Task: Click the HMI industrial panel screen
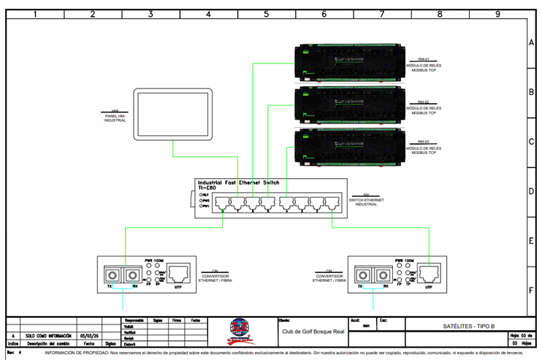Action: click(173, 115)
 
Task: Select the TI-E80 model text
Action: click(207, 188)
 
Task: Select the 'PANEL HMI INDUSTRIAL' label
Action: click(115, 117)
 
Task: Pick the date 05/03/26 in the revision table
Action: click(89, 335)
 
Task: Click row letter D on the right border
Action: click(531, 191)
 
